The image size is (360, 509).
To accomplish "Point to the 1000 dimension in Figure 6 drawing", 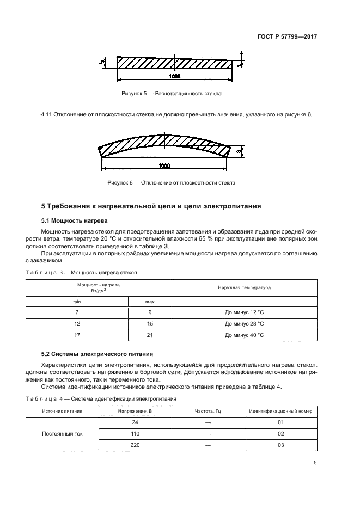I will (x=164, y=165).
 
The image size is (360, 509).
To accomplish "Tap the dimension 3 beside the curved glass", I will (x=239, y=150).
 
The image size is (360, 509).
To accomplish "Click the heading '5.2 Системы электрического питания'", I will (x=98, y=353).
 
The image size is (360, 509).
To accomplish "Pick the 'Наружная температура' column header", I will (x=245, y=287).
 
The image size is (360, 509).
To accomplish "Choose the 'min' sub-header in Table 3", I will (x=77, y=301).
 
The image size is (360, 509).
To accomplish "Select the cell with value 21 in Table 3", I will (x=150, y=335).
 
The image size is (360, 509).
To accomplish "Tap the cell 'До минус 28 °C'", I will (x=245, y=324).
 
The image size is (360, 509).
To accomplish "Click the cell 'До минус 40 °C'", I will (x=245, y=335).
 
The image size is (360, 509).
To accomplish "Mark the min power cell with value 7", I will (x=77, y=312).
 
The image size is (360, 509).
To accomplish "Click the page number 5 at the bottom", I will (x=315, y=463).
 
